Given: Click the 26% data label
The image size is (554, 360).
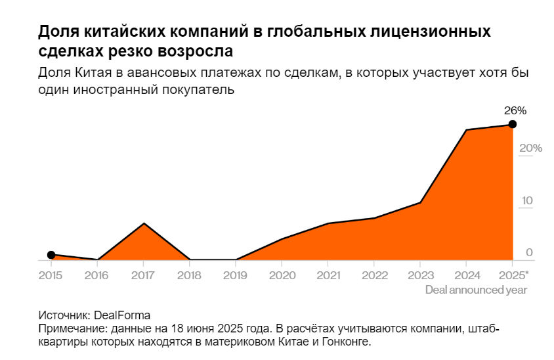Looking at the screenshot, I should (x=515, y=110).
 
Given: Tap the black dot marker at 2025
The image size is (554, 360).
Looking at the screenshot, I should (x=513, y=124).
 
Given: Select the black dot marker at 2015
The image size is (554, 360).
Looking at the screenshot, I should (x=51, y=255).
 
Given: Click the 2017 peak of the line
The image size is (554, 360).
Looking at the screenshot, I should (x=144, y=223).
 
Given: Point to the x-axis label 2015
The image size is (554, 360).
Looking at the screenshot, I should (x=51, y=274).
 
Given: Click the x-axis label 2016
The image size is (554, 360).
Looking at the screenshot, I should (x=97, y=274).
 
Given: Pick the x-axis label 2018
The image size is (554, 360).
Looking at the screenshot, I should (x=190, y=274).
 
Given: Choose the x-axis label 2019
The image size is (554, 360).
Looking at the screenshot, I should (x=236, y=274).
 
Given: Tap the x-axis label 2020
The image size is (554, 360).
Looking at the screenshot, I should (x=282, y=274).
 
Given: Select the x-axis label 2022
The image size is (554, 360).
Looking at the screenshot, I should (x=374, y=274).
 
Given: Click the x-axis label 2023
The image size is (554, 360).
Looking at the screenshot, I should (x=420, y=274).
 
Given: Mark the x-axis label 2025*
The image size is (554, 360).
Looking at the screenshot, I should (x=514, y=274).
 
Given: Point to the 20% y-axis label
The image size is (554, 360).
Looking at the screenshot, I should (x=530, y=148).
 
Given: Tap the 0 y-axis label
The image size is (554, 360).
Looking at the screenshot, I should (x=529, y=253).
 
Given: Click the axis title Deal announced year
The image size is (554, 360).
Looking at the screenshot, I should (x=476, y=289).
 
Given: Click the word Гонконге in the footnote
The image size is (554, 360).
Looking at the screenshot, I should (x=345, y=342).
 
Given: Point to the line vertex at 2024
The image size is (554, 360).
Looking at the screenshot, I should (x=466, y=130).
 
